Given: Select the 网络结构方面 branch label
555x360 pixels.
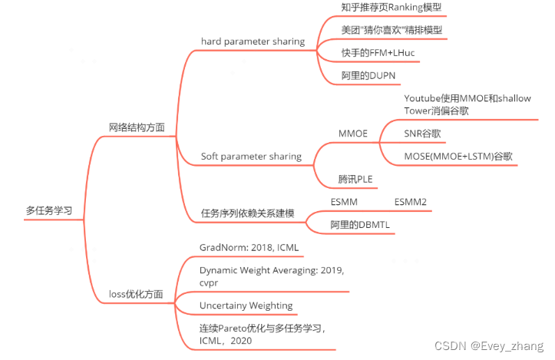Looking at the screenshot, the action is tap(136, 127).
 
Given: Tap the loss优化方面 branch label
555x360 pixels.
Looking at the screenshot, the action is tap(136, 293).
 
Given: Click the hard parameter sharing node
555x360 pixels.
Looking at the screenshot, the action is tap(253, 41).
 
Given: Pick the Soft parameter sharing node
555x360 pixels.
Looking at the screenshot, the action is tap(251, 156).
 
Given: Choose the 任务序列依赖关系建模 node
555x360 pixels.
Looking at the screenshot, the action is tap(247, 213).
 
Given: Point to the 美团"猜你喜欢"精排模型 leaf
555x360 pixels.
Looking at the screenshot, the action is tap(391, 30).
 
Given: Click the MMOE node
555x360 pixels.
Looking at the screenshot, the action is tap(353, 133).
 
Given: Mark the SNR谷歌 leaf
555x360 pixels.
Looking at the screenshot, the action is tap(422, 133).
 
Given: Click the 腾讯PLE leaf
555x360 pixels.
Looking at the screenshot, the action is tap(355, 179).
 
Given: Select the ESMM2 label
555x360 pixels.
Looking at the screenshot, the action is tap(411, 202).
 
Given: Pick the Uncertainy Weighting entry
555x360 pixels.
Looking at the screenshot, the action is tap(246, 305).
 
